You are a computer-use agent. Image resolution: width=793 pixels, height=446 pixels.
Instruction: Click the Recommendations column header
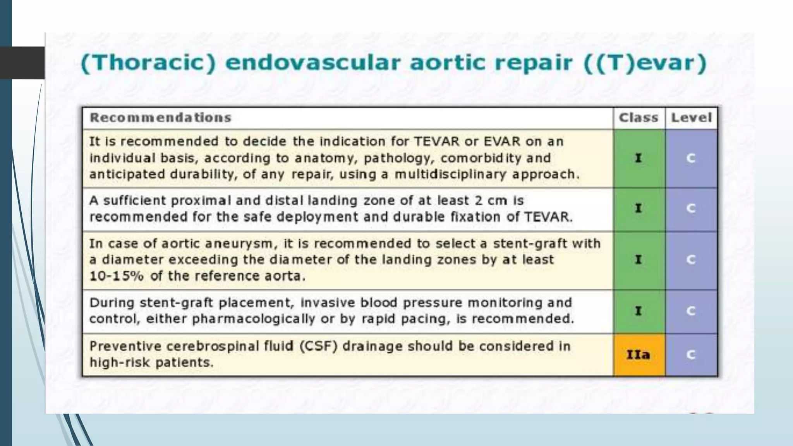(160, 118)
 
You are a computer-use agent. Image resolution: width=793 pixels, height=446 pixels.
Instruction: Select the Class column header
(639, 118)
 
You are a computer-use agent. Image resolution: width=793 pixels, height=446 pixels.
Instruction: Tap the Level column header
(691, 118)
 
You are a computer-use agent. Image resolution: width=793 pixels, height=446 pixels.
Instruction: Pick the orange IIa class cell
(639, 355)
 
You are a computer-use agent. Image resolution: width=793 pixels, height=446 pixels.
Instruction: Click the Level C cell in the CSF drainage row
(691, 355)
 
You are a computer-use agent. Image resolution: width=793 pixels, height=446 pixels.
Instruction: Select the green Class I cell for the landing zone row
(639, 209)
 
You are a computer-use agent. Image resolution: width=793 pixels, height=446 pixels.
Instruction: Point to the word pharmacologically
(253, 319)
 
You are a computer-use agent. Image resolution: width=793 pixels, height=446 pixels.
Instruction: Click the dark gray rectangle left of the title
(22, 63)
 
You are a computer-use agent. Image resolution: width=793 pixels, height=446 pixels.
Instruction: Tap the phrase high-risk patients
(151, 363)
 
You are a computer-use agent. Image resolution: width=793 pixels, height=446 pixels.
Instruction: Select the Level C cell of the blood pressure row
(691, 311)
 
